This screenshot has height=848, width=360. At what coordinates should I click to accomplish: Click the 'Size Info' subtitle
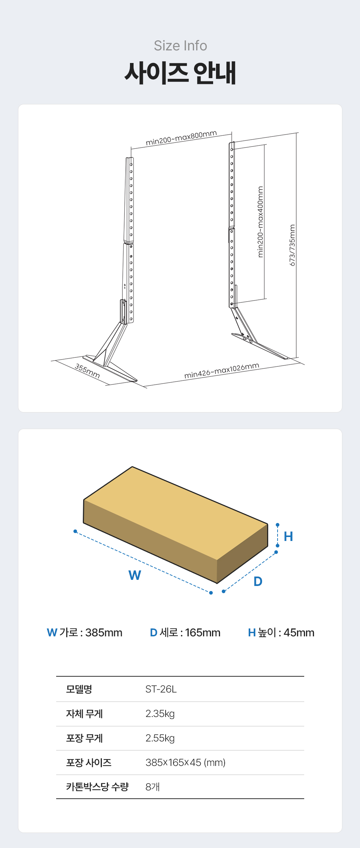180,46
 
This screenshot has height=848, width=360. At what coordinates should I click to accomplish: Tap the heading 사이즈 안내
180,73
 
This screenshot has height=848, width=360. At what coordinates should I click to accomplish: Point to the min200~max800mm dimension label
181,138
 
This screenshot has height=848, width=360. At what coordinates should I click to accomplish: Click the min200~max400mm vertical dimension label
260,222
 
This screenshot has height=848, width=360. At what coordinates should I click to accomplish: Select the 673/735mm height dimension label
292,245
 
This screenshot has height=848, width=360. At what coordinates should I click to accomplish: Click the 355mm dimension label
87,371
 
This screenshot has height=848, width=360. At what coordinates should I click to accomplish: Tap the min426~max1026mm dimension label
222,371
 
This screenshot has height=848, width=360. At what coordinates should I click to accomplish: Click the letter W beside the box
135,575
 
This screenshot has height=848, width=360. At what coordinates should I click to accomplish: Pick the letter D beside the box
258,581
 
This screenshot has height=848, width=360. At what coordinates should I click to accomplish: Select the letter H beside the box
288,536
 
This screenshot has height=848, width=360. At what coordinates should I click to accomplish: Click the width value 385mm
104,632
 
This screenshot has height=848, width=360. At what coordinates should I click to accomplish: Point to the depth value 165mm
203,632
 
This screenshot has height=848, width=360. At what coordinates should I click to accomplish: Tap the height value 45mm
299,632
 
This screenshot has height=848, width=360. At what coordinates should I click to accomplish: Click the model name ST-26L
161,689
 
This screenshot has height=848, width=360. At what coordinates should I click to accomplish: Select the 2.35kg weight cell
160,714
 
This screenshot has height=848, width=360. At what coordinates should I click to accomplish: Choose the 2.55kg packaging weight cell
160,738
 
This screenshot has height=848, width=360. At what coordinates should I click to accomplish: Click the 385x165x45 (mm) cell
185,762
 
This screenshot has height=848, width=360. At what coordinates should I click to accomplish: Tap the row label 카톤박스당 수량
97,786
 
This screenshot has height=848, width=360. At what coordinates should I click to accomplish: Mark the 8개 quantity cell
152,787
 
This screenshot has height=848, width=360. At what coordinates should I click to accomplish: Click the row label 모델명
79,689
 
